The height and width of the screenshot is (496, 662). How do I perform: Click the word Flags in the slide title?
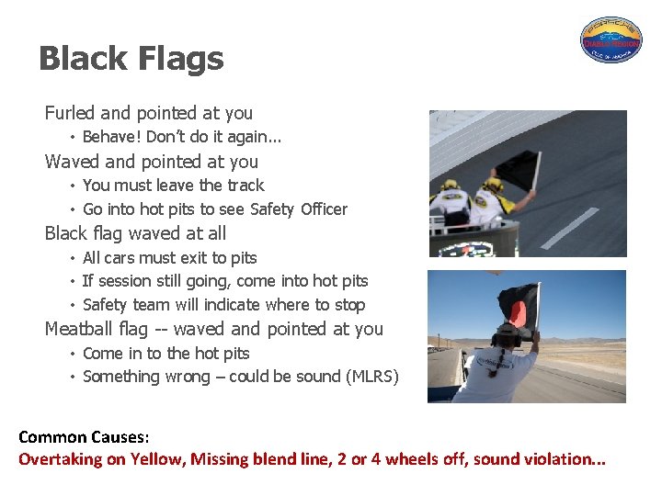click(180, 59)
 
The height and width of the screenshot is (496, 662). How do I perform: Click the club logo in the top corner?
click(611, 39)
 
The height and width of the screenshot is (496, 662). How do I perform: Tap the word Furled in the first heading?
click(70, 113)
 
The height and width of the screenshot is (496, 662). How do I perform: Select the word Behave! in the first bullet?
click(112, 137)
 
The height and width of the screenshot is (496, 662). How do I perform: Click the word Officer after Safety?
click(323, 209)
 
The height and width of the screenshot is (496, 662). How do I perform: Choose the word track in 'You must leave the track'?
click(243, 185)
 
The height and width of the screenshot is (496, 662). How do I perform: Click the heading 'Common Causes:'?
click(84, 437)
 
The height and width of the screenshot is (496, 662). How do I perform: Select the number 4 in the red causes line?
click(375, 459)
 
